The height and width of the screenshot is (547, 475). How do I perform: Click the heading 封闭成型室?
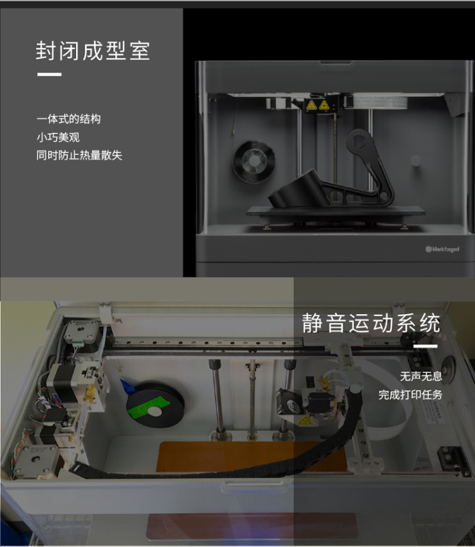click(93, 51)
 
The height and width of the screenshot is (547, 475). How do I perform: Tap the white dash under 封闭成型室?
click(49, 74)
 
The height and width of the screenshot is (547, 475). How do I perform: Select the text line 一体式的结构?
click(69, 119)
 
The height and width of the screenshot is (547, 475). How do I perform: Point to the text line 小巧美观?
click(58, 137)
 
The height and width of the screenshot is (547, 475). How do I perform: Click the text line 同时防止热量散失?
click(79, 155)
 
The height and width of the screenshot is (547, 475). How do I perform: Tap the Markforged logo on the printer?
click(442, 249)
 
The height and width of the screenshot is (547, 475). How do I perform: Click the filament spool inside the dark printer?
click(255, 161)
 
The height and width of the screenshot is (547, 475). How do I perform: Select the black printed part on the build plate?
click(331, 169)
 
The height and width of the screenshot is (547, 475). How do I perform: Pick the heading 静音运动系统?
click(370, 323)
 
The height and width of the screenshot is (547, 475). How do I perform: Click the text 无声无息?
click(421, 377)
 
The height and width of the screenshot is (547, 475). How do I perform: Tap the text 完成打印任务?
click(410, 395)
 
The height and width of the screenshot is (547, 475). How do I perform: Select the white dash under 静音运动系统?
click(426, 346)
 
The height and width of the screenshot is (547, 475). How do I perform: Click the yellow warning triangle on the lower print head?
click(305, 422)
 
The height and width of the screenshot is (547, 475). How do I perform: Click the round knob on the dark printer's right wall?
click(415, 160)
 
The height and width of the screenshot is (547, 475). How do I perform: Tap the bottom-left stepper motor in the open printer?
click(35, 460)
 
